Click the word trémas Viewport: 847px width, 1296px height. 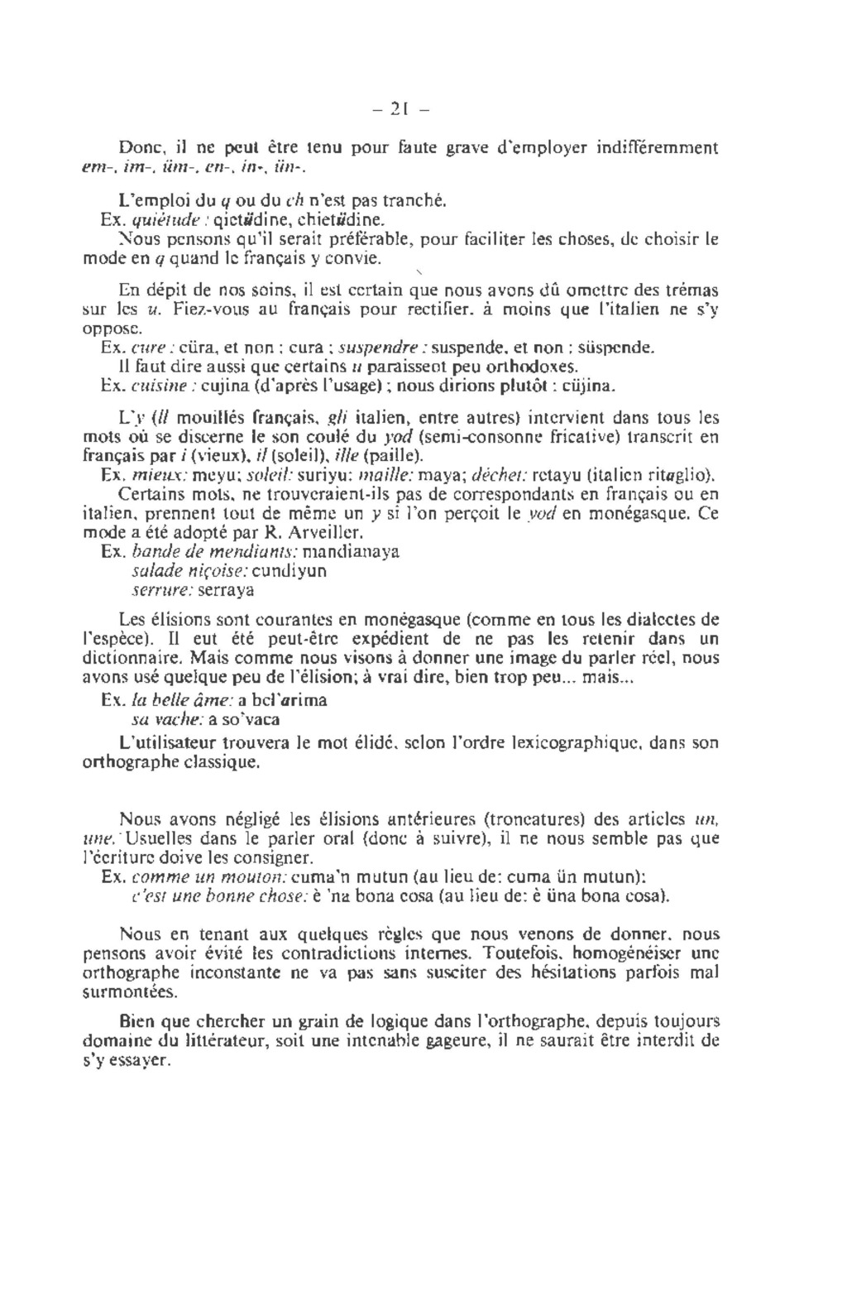691,290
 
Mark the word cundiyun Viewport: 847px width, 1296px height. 289,571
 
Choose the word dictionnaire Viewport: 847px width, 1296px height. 134,660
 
